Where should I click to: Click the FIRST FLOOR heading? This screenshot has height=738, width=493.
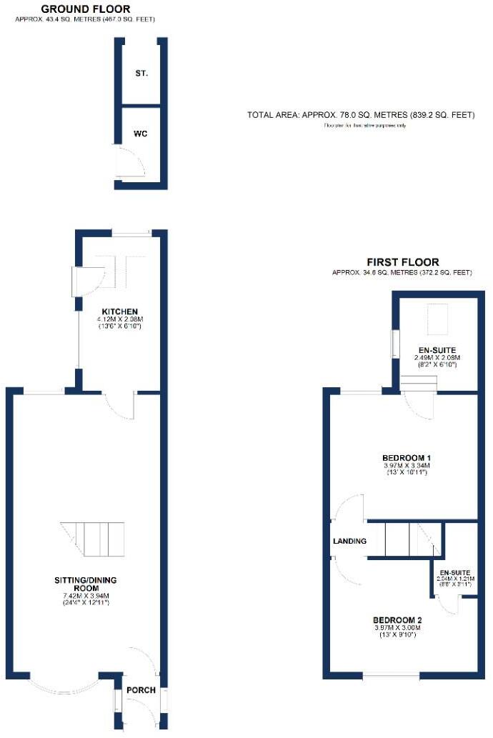pyautogui.click(x=402, y=262)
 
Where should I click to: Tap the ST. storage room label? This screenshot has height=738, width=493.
pyautogui.click(x=141, y=74)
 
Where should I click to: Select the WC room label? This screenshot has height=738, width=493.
pyautogui.click(x=141, y=134)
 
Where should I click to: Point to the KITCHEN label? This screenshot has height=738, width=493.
pyautogui.click(x=119, y=311)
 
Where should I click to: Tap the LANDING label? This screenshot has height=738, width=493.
pyautogui.click(x=349, y=542)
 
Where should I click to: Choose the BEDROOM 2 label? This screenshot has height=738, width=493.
pyautogui.click(x=397, y=619)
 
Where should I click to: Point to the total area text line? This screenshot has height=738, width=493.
pyautogui.click(x=361, y=114)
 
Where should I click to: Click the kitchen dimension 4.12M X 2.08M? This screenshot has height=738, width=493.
pyautogui.click(x=119, y=319)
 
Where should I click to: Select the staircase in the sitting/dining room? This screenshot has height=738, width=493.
pyautogui.click(x=94, y=540)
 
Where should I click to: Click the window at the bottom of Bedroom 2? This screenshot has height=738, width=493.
pyautogui.click(x=391, y=676)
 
